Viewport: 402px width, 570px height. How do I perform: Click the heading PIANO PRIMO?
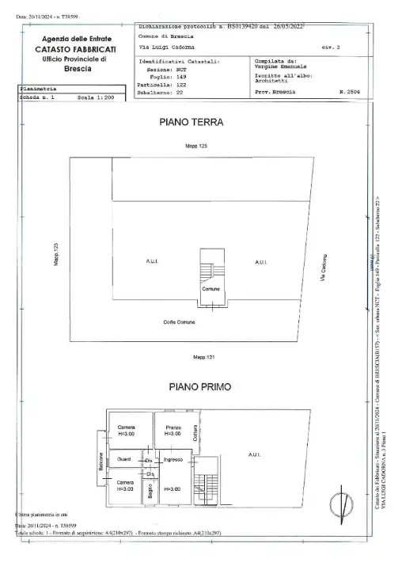click(x=199, y=387)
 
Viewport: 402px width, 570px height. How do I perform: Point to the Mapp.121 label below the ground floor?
click(x=203, y=358)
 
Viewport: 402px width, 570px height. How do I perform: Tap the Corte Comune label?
click(x=180, y=321)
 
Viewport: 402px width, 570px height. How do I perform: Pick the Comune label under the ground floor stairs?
click(x=210, y=290)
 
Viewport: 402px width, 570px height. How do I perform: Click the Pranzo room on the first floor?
click(x=173, y=431)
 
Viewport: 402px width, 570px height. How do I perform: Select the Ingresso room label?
click(x=173, y=460)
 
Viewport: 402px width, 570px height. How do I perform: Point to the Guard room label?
click(x=123, y=460)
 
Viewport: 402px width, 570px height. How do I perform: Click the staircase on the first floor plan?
click(x=210, y=478)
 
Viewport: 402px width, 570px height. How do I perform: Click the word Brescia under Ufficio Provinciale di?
click(x=77, y=69)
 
